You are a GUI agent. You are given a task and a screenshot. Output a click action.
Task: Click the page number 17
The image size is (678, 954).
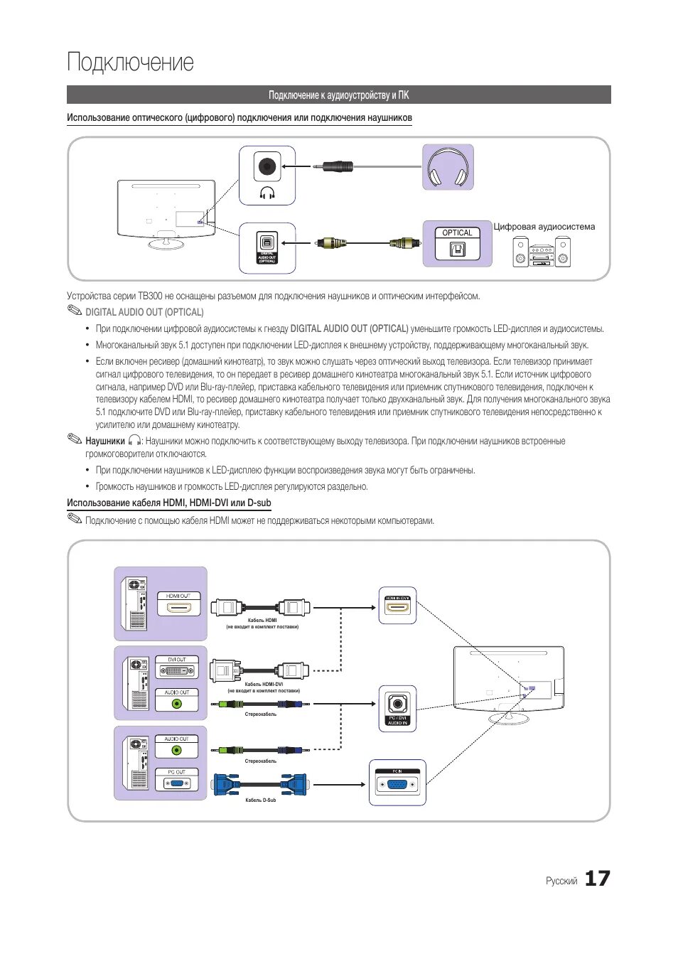[597, 879]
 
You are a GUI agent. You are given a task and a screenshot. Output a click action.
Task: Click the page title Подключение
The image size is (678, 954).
[130, 63]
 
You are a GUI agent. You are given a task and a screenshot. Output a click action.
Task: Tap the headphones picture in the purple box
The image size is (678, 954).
[448, 168]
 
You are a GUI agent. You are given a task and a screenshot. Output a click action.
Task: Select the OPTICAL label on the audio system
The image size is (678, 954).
[457, 232]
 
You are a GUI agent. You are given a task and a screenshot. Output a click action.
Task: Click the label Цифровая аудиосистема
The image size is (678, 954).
[544, 227]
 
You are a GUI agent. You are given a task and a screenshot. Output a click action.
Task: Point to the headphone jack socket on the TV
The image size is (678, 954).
[267, 167]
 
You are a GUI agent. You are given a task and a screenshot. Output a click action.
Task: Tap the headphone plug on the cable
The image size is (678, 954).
[335, 167]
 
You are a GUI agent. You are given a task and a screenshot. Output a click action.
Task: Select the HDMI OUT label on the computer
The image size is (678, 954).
[178, 596]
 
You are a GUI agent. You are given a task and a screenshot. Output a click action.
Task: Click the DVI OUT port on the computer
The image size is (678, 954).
[177, 670]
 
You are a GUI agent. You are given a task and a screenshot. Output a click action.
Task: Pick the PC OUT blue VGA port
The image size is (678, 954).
[177, 783]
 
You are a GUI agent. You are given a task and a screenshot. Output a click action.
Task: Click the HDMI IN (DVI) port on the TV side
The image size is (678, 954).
[397, 609]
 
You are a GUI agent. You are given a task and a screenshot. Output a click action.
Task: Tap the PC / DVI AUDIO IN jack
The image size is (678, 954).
[397, 704]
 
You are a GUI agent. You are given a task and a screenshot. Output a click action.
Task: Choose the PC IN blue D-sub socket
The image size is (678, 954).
[397, 785]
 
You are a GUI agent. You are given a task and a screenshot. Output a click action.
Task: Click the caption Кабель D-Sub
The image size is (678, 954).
[260, 800]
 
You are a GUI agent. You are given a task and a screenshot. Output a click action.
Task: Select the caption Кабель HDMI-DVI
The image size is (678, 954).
[264, 685]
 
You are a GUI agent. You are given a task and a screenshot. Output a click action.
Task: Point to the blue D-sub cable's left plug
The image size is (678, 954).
[227, 784]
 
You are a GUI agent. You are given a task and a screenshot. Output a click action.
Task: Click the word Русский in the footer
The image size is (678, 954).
[561, 881]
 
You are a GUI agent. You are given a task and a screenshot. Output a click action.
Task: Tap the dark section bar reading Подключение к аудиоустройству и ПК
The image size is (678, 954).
[338, 95]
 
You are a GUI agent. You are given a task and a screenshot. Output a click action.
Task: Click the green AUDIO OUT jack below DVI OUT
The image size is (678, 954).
[177, 704]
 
